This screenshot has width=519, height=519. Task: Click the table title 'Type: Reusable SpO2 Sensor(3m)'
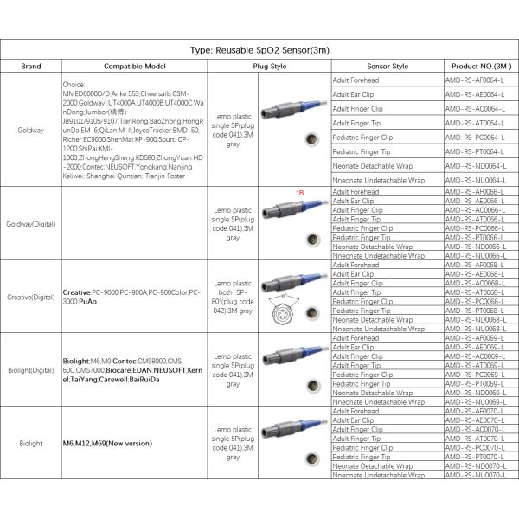pyautogui.click(x=259, y=50)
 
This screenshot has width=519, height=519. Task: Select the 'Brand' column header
pyautogui.click(x=31, y=66)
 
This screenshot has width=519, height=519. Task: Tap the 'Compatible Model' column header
pyautogui.click(x=135, y=66)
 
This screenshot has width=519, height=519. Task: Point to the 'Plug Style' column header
pyautogui.click(x=270, y=66)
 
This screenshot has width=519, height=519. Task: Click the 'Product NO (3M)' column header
pyautogui.click(x=480, y=66)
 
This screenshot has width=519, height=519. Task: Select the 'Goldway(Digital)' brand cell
pyautogui.click(x=31, y=223)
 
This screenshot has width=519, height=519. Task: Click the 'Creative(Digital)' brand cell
pyautogui.click(x=31, y=296)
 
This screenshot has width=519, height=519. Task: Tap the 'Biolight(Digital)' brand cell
pyautogui.click(x=31, y=369)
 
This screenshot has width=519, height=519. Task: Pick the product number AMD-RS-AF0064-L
pyautogui.click(x=474, y=80)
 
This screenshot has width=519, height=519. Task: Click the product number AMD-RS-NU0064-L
pyautogui.click(x=474, y=179)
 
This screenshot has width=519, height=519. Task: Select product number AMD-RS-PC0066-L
pyautogui.click(x=474, y=228)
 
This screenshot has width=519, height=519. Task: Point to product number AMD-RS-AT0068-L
pyautogui.click(x=474, y=292)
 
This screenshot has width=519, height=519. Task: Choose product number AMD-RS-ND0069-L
pyautogui.click(x=474, y=393)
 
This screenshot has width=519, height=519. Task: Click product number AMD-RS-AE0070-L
pyautogui.click(x=474, y=420)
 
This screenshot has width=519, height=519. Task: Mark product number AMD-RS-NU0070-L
pyautogui.click(x=474, y=475)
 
